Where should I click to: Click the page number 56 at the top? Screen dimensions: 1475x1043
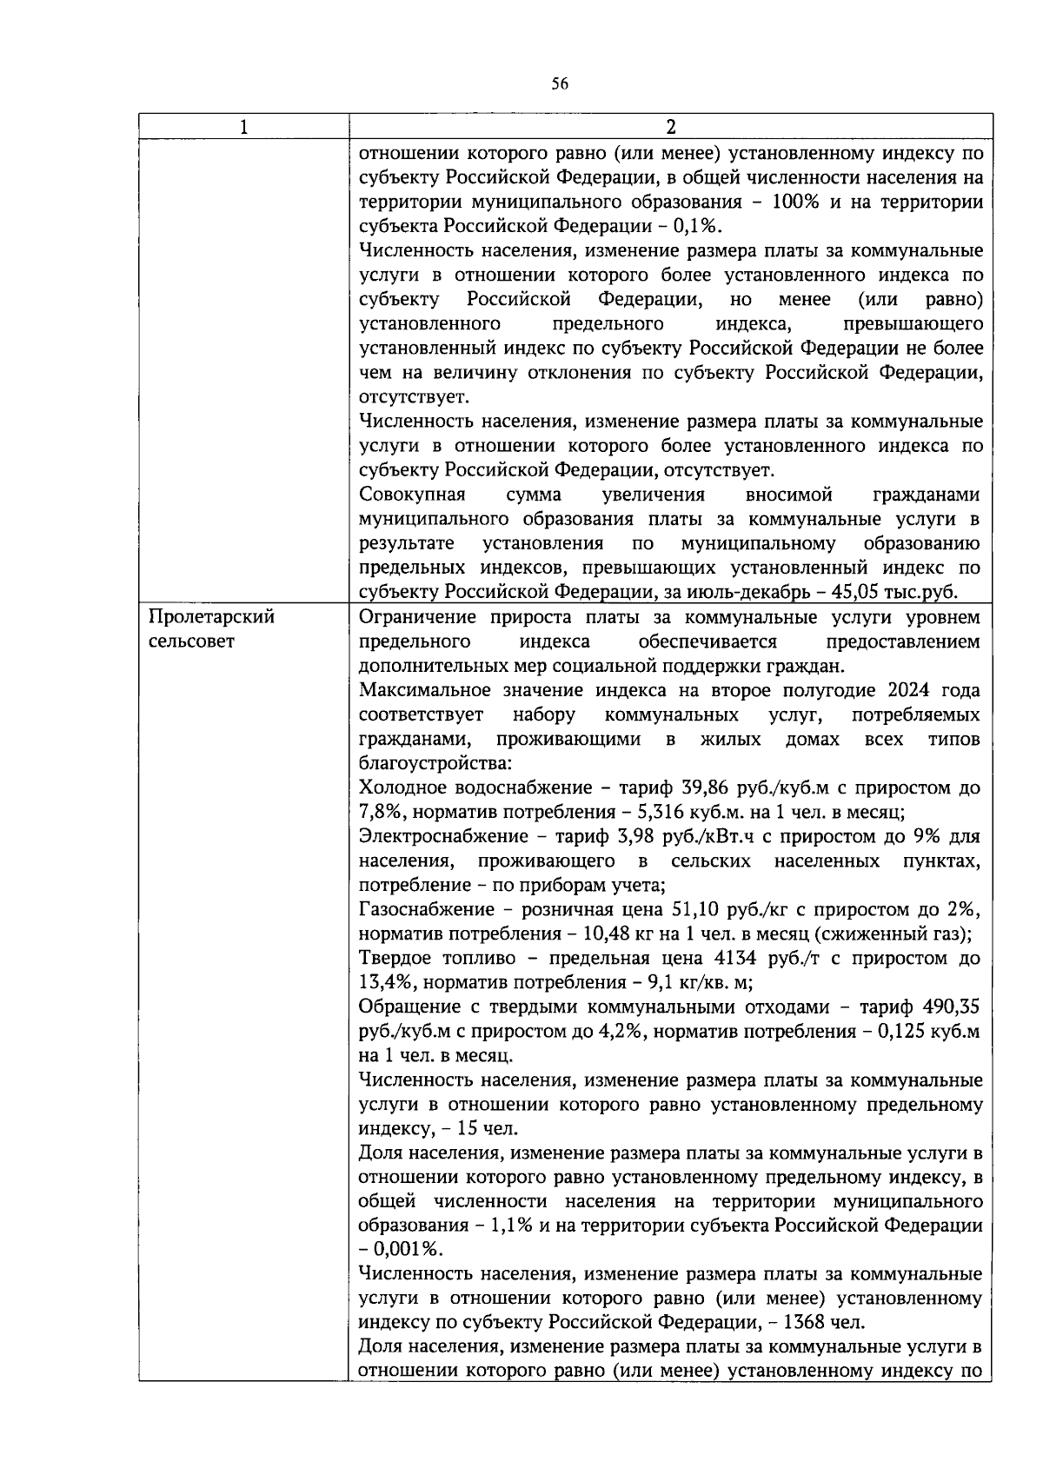pyautogui.click(x=560, y=84)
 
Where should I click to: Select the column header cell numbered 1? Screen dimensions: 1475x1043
pyautogui.click(x=243, y=127)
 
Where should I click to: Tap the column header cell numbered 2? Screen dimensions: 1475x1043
pyautogui.click(x=670, y=127)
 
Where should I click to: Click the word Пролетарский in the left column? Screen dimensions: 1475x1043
pyautogui.click(x=212, y=617)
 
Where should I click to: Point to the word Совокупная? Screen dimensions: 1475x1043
pyautogui.click(x=412, y=495)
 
